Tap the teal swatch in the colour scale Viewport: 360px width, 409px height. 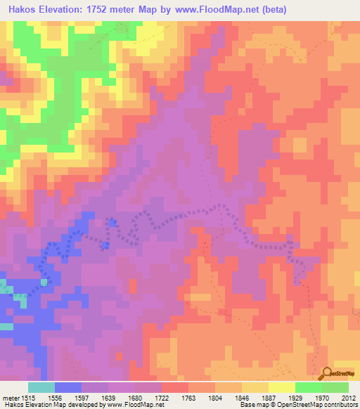(x=41, y=387)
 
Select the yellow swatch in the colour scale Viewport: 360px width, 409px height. (x=281, y=387)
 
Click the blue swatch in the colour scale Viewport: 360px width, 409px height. (x=68, y=387)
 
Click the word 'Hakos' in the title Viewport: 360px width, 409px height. (x=18, y=10)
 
